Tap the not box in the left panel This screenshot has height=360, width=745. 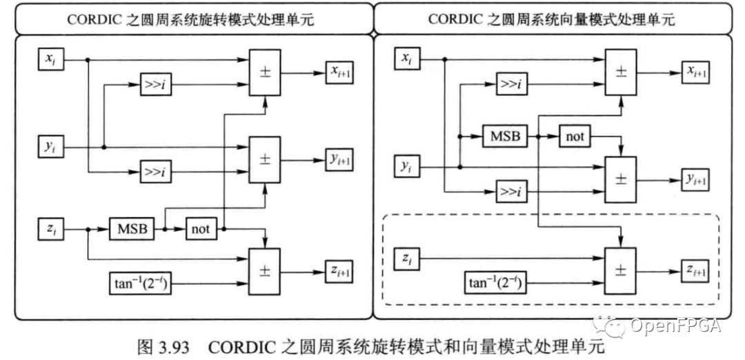pyautogui.click(x=202, y=229)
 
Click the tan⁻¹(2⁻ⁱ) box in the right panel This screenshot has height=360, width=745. pyautogui.click(x=494, y=283)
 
